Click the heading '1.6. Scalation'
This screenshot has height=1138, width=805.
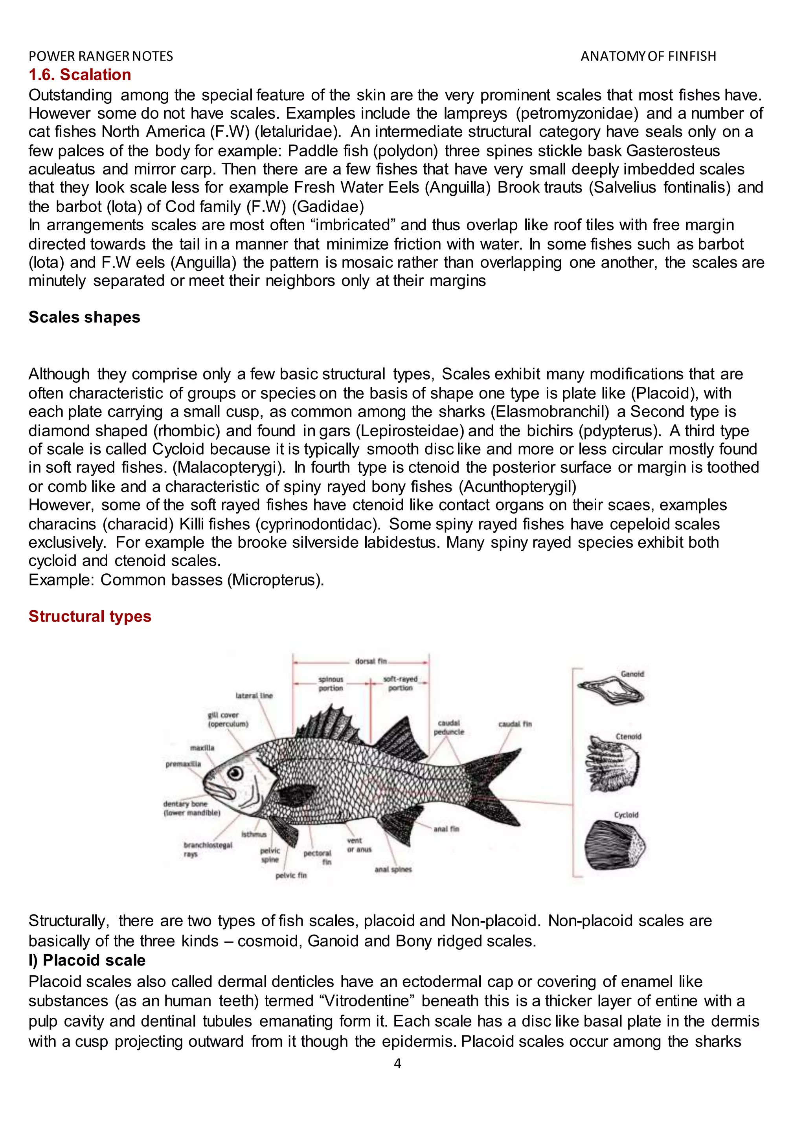[x=80, y=75]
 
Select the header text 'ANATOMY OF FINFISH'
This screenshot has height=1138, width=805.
[x=648, y=57]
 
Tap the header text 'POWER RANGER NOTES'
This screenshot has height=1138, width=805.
[x=101, y=57]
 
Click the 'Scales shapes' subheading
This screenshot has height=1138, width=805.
[x=84, y=317]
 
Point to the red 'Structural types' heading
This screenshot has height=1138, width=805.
[x=90, y=617]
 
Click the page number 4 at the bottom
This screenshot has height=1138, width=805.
[x=397, y=1063]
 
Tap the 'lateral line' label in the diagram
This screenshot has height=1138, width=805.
[x=254, y=696]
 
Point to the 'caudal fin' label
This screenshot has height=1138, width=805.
[x=515, y=724]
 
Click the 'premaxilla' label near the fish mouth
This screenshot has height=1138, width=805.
[x=184, y=764]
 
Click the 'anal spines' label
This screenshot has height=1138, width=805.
[x=393, y=869]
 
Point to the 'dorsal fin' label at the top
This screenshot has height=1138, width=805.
[x=371, y=661]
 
